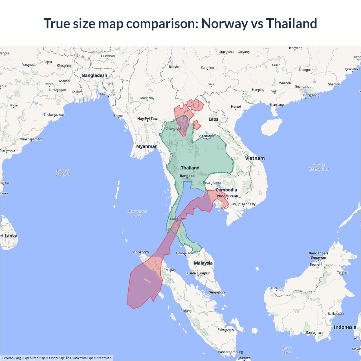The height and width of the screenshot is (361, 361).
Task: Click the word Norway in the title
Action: (224, 23)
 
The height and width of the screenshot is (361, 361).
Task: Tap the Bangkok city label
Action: (187, 176)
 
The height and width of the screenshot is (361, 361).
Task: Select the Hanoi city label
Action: (236, 107)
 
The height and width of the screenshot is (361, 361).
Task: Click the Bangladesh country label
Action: (94, 75)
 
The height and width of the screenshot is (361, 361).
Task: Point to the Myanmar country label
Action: (146, 146)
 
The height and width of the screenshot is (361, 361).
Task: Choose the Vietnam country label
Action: (255, 158)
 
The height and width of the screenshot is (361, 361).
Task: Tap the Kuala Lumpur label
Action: (198, 273)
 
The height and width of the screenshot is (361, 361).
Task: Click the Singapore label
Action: (217, 292)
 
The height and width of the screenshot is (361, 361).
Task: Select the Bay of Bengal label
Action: (63, 173)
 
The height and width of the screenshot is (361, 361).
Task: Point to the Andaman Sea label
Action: (137, 213)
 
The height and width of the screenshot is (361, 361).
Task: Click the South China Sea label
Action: (319, 167)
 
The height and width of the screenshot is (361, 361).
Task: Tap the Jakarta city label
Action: (244, 358)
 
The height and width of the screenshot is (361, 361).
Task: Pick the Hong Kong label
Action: (311, 95)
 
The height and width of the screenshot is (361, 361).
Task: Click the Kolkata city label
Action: (77, 92)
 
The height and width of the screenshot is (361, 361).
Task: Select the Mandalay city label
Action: (147, 98)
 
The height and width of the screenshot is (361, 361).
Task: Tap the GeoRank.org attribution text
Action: (11, 358)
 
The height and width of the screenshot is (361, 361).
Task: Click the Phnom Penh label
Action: (227, 196)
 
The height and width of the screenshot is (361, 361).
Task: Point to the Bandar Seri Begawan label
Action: (318, 255)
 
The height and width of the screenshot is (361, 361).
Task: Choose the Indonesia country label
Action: (345, 327)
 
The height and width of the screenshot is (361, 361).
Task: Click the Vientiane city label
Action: (206, 136)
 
